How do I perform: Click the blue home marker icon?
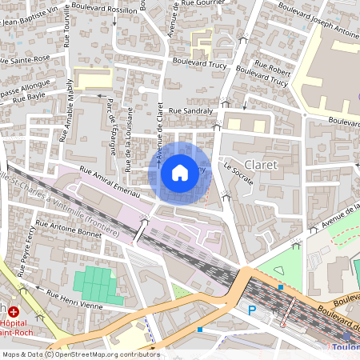tap(180, 172)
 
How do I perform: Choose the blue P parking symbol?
tap(253, 309)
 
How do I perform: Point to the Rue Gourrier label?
tap(202, 4)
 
